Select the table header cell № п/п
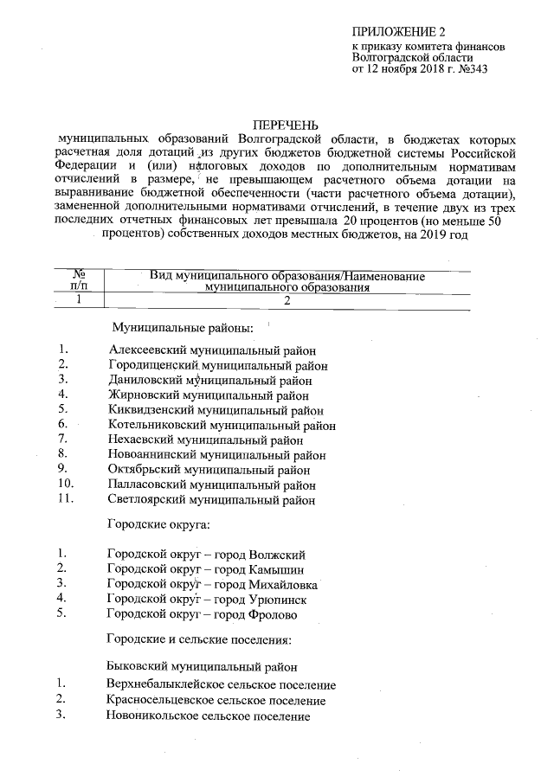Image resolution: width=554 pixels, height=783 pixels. tap(77, 279)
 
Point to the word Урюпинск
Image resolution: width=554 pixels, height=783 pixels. tap(277, 599)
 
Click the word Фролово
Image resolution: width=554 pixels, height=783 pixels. tap(273, 613)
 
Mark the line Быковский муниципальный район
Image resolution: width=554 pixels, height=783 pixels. tap(202, 667)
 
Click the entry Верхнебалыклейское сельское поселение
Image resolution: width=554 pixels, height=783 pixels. tap(221, 685)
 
